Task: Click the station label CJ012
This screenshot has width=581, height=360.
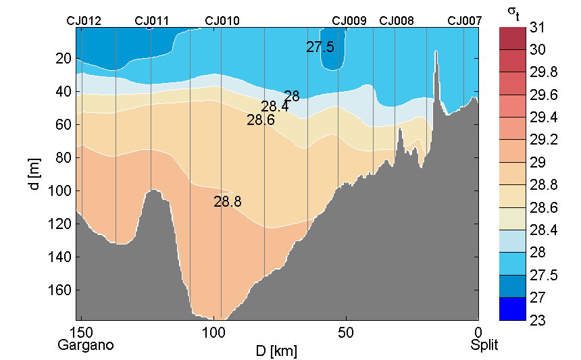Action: [84, 21]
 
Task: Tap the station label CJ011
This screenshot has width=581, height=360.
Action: [152, 21]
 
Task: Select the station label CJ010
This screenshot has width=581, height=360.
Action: [222, 21]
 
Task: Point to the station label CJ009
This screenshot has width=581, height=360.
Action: [349, 21]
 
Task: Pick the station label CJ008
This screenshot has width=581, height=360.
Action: [397, 21]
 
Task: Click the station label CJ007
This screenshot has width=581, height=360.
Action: [465, 21]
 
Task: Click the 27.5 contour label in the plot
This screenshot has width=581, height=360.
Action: [320, 47]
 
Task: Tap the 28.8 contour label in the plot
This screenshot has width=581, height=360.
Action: [228, 201]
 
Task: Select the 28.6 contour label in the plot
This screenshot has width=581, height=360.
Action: [261, 121]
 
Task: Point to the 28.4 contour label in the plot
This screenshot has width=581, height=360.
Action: [275, 107]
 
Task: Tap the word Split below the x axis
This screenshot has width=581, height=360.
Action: [484, 345]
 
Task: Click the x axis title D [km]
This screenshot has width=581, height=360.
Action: [276, 351]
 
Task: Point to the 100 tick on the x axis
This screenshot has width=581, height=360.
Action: [214, 332]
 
